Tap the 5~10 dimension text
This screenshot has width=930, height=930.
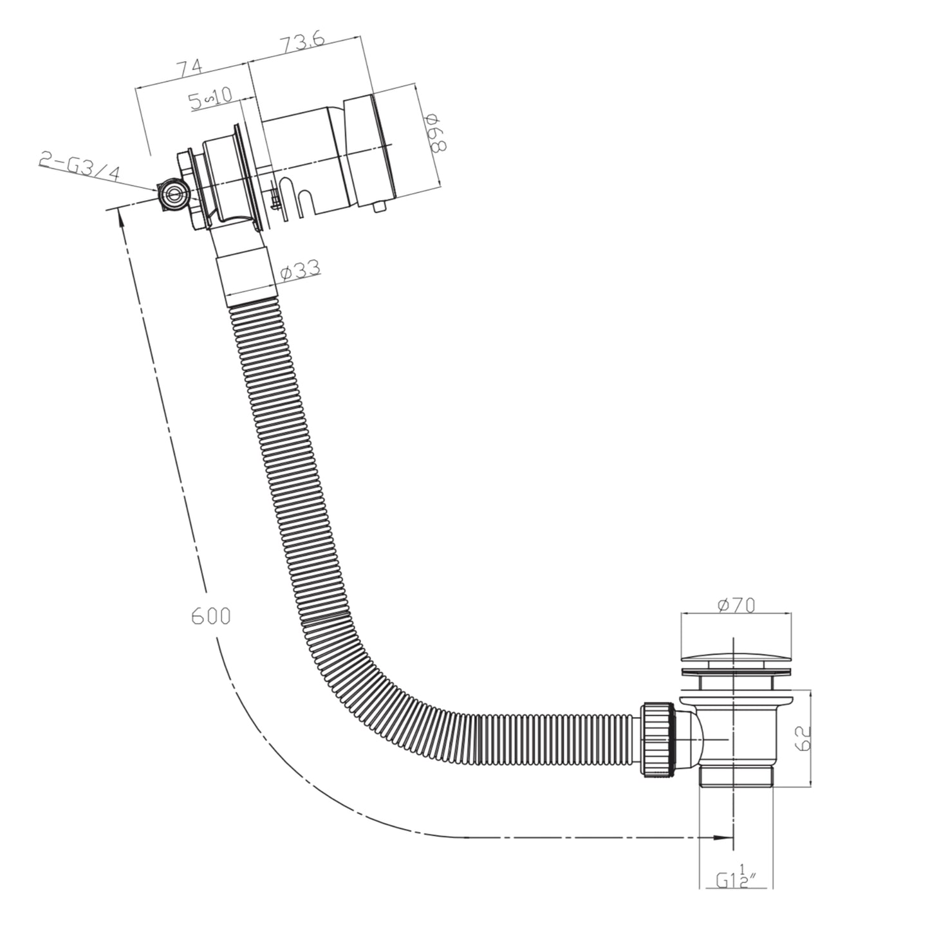pyautogui.click(x=210, y=98)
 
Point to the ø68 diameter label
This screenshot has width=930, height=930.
pyautogui.click(x=435, y=133)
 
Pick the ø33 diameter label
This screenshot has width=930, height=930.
pyautogui.click(x=301, y=271)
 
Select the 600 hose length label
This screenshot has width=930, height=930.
pyautogui.click(x=210, y=616)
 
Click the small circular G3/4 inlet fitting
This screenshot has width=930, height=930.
pyautogui.click(x=172, y=192)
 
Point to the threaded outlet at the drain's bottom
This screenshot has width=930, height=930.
pyautogui.click(x=736, y=777)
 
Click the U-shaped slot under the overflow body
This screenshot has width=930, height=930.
pyautogui.click(x=302, y=200)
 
